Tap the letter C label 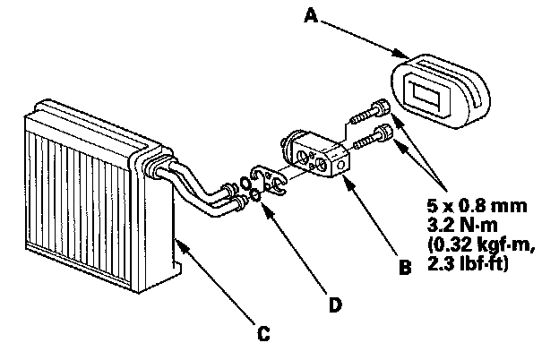pyautogui.click(x=262, y=335)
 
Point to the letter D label pyautogui.click(x=335, y=305)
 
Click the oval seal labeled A pyautogui.click(x=443, y=85)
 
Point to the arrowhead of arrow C pyautogui.click(x=180, y=240)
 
